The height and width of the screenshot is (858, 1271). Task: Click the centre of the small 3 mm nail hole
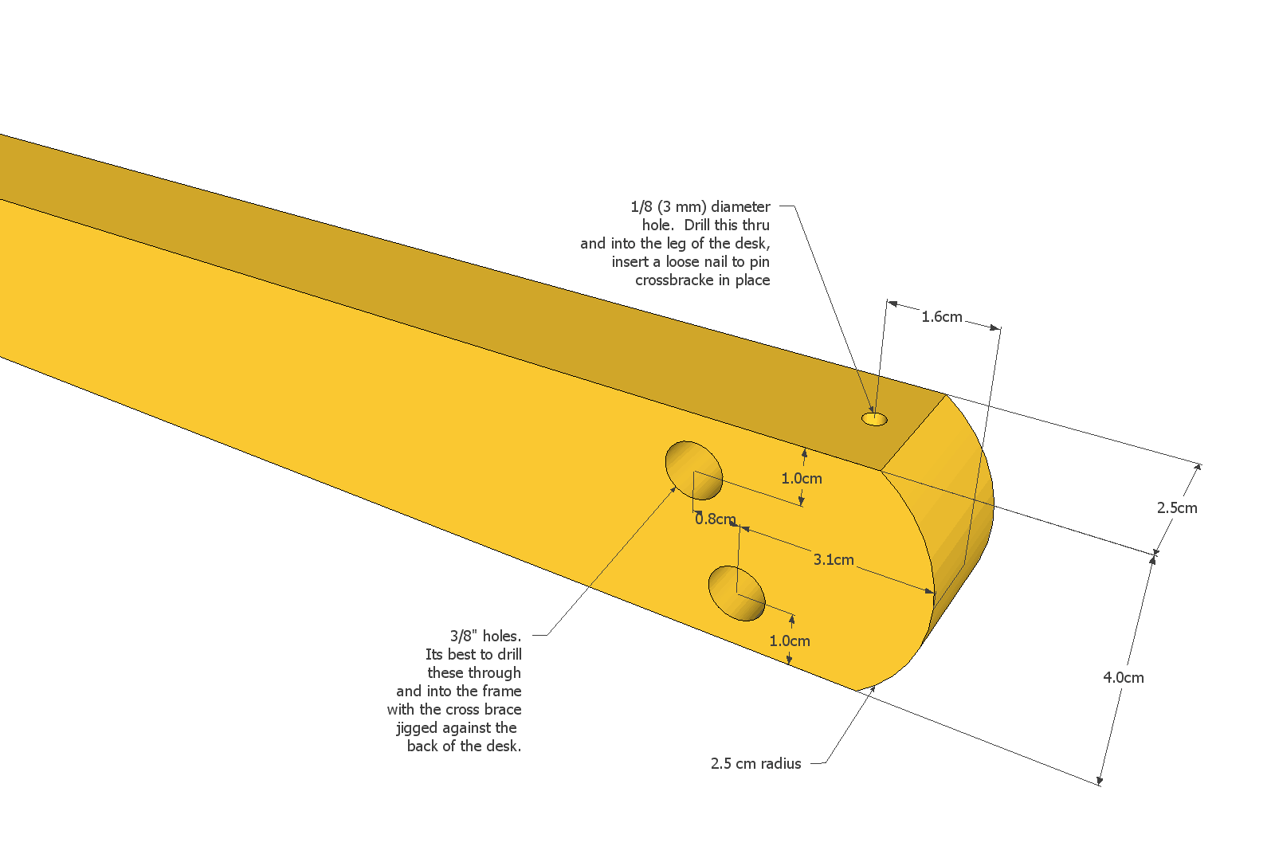[x=874, y=419]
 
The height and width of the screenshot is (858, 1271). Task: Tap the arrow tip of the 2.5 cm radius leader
[x=874, y=686]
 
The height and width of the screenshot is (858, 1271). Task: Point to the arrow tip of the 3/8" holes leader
[x=676, y=487]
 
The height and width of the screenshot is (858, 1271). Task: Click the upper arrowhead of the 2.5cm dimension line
[x=1200, y=465]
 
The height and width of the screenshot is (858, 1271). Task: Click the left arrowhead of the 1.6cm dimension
[x=889, y=302]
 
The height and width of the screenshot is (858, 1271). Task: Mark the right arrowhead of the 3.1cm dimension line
[x=932, y=591]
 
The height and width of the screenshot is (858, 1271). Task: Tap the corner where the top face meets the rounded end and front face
[x=880, y=470]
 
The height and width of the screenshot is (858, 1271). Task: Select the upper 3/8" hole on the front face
[x=694, y=471]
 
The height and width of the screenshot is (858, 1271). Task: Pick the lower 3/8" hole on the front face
[x=736, y=594]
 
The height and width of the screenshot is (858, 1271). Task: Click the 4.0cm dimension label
[x=1123, y=678]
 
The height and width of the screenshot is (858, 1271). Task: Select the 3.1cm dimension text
[x=834, y=560]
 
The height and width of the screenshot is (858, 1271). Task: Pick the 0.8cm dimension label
[x=716, y=519]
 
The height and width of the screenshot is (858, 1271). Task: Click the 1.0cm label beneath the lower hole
[x=789, y=641]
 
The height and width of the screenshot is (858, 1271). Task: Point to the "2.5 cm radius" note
[x=755, y=764]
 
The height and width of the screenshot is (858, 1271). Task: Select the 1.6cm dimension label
[x=941, y=317]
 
